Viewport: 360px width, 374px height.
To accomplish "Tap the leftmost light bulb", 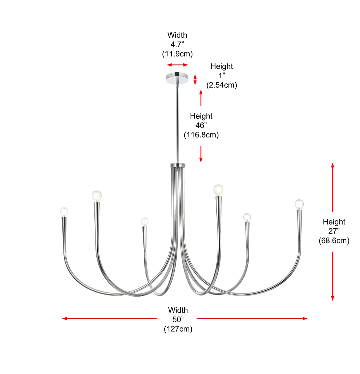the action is tap(64, 212).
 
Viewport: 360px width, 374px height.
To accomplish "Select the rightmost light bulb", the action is tap(299, 204).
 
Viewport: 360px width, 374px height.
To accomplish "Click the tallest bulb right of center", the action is tap(218, 190).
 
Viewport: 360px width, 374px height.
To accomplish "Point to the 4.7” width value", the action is tap(177, 45).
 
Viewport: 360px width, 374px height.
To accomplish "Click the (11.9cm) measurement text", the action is tap(177, 54).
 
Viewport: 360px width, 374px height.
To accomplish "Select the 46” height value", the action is tap(201, 125).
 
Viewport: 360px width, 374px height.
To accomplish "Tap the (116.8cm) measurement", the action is tap(201, 135).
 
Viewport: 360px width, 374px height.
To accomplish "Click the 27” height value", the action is tap(334, 231).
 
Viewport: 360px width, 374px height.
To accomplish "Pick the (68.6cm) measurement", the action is tap(334, 241).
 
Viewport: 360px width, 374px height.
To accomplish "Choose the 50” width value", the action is tap(178, 319).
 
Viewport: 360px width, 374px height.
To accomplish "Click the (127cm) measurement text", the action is tap(178, 329).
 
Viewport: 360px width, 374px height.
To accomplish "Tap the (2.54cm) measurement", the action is tap(222, 85).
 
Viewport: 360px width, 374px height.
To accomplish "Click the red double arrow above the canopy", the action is tap(177, 65).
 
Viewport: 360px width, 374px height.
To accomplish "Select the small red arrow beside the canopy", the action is tap(195, 80).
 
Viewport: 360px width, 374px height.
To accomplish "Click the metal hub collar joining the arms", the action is tap(177, 165).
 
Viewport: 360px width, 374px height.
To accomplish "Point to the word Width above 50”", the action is tap(178, 310).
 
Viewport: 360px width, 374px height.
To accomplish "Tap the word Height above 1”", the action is tap(222, 66).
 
